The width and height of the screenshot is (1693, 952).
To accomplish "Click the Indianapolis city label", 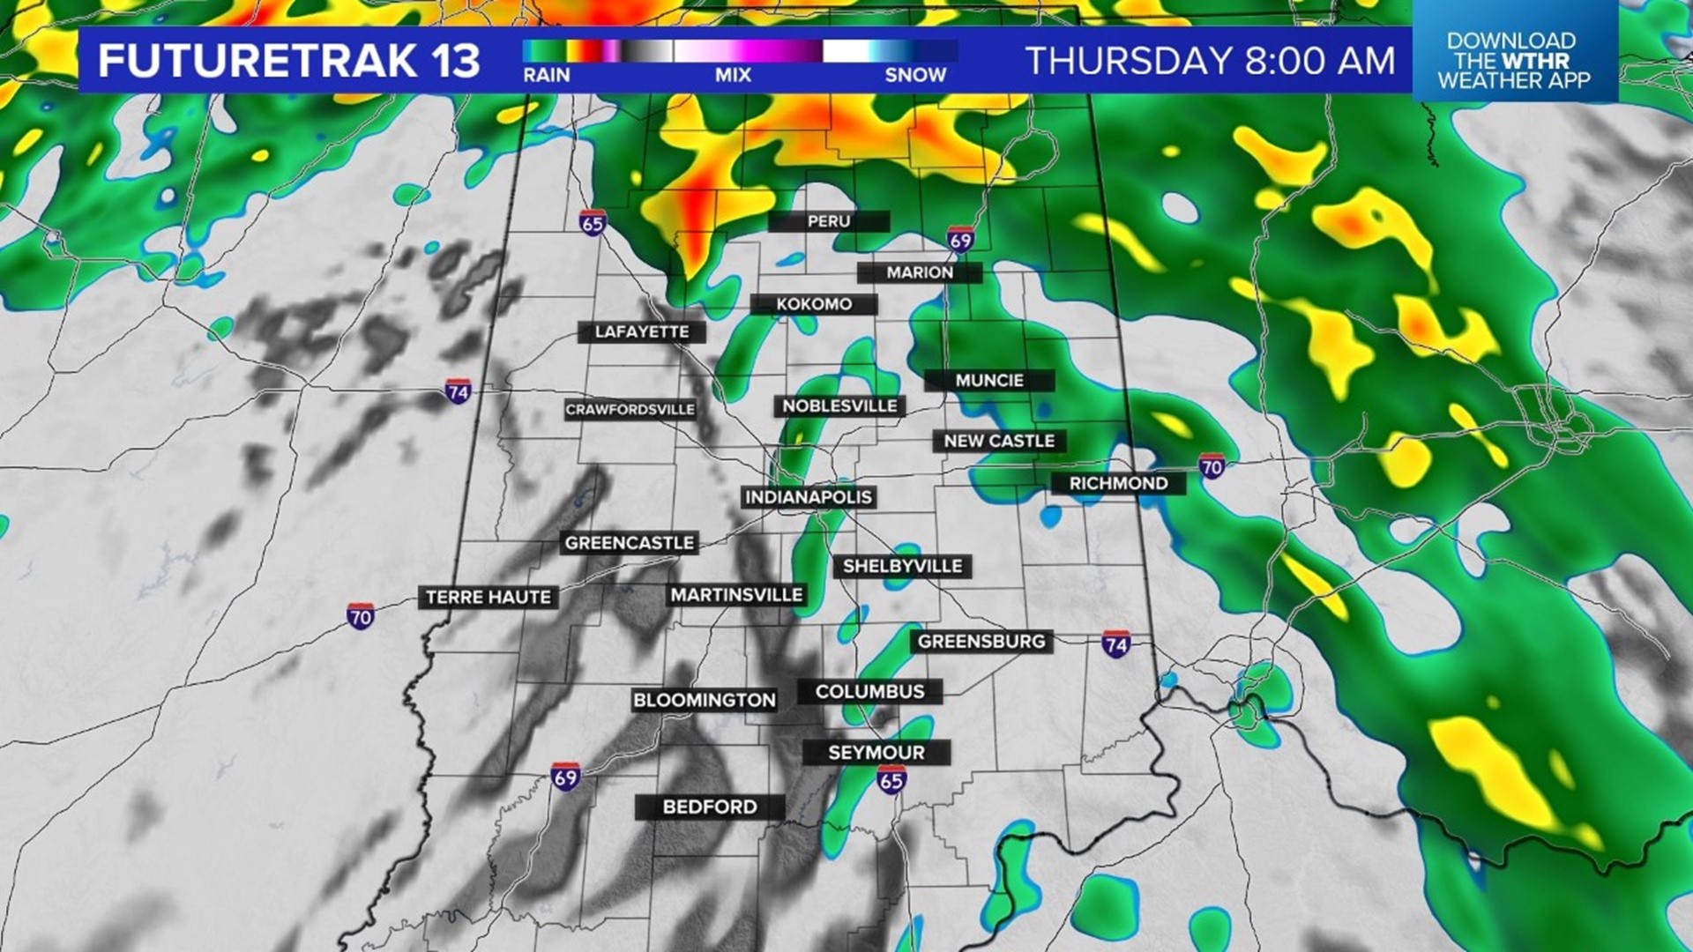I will coord(809,497).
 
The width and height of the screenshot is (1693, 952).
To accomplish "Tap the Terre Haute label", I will coord(488,597).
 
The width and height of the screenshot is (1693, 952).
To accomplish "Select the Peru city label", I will coord(829,221).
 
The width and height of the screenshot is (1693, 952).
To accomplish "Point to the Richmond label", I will coord(1118,483).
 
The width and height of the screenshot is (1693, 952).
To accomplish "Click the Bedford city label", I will coord(710,807).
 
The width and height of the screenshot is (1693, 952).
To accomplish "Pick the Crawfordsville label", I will coord(630,410).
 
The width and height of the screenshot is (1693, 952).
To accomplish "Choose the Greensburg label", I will coord(981,642).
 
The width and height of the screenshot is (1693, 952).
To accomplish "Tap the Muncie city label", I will coord(989,381).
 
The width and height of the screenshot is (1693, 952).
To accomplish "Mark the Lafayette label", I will coord(642,332).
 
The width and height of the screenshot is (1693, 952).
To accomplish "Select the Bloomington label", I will coord(704,701).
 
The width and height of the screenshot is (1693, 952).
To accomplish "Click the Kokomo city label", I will coord(814,304).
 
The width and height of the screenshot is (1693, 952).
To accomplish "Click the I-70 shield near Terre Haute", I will coord(360,615).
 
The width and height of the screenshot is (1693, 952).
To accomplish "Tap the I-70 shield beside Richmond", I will coord(1212,466).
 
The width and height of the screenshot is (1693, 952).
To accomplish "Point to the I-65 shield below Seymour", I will coord(891,779).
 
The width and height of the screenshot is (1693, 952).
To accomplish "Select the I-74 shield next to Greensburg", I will coord(1116,644).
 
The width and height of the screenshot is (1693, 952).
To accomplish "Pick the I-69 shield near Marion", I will coord(960,240).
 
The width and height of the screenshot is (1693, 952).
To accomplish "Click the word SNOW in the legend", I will coord(915,76).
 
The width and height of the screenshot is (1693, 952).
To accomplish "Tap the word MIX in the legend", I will coord(733,76).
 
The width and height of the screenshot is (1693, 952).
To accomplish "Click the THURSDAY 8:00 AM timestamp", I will coord(1211,61).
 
